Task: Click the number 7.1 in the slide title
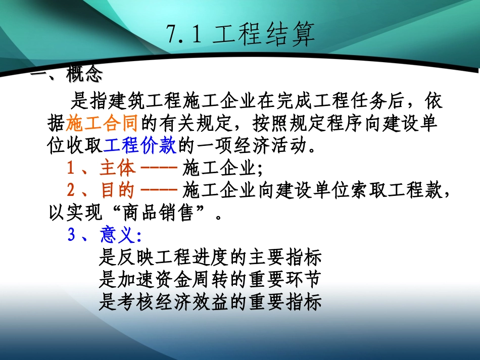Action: [x=184, y=35]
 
